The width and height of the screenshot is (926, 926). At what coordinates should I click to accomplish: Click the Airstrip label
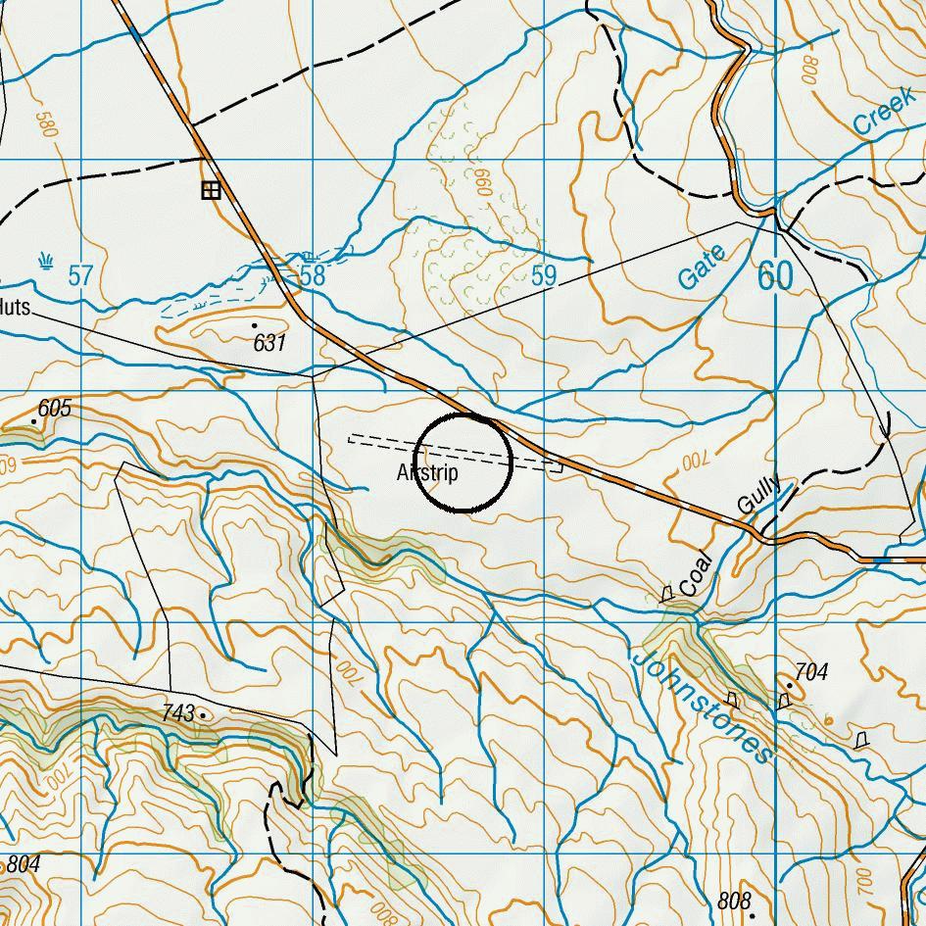tap(427, 473)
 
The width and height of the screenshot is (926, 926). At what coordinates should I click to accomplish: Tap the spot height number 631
tap(269, 343)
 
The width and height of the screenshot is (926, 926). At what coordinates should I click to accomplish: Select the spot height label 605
tap(55, 409)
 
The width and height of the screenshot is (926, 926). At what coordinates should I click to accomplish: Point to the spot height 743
tap(178, 714)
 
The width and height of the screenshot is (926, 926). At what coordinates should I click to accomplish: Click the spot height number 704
tap(811, 672)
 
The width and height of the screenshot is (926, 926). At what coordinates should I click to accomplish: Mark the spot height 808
tap(734, 901)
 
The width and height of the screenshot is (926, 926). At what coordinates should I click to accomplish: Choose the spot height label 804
tap(24, 865)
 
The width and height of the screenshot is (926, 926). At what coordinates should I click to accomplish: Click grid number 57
tap(80, 276)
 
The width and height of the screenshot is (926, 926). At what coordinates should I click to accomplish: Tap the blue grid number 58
tap(313, 276)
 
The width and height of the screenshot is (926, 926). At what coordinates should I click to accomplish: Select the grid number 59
tap(544, 276)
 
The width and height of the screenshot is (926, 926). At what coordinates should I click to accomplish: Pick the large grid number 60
tap(775, 276)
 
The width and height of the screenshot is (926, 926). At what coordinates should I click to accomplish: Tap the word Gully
tap(759, 495)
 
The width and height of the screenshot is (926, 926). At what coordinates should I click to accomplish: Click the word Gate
tap(703, 268)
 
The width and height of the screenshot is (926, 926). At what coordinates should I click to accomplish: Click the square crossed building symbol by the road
tap(210, 190)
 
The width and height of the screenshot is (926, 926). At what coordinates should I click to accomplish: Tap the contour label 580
tap(44, 126)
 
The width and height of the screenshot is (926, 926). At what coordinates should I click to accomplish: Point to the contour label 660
tap(481, 182)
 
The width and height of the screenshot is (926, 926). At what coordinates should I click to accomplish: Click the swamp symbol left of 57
tap(46, 261)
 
